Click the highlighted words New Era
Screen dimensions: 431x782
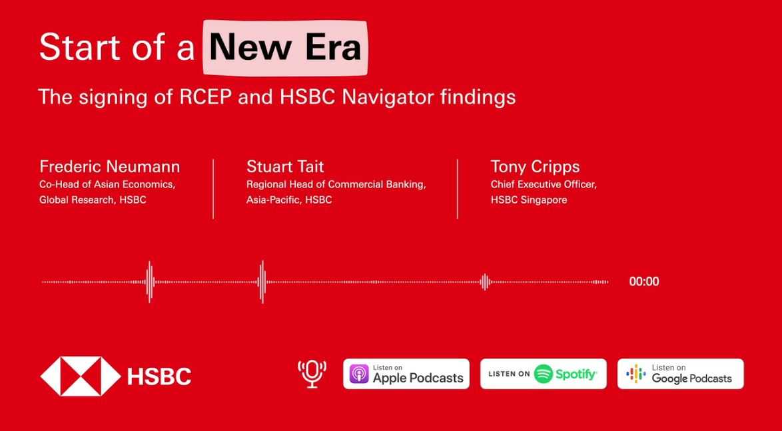[285, 48]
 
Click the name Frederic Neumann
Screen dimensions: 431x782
[109, 166]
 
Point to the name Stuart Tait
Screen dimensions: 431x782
[285, 166]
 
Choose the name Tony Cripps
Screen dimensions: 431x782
[535, 166]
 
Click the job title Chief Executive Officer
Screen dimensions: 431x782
[544, 184]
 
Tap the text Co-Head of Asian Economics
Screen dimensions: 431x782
[107, 184]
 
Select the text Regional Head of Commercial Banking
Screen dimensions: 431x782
[336, 184]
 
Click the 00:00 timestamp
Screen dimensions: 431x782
[644, 282]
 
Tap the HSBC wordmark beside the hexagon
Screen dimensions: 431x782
[159, 376]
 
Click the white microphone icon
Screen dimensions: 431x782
[312, 374]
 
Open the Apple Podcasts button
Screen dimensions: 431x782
[406, 374]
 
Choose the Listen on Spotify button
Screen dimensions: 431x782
[544, 374]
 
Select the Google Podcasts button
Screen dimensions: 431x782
[680, 374]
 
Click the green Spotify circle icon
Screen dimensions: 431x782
[544, 374]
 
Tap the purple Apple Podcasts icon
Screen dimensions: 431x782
[359, 374]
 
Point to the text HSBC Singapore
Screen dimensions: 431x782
[529, 200]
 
